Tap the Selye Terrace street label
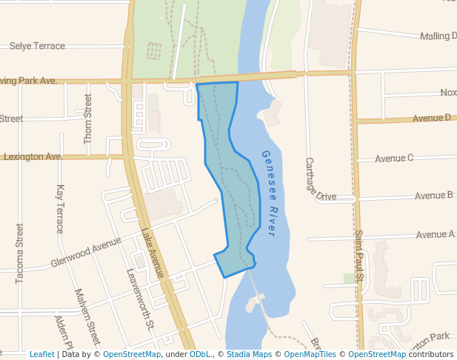click(37, 46)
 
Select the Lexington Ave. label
click(33, 157)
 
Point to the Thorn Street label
click(88, 119)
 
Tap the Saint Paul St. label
click(359, 256)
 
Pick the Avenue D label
click(432, 118)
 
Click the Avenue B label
click(434, 196)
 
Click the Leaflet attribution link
click(41, 354)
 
